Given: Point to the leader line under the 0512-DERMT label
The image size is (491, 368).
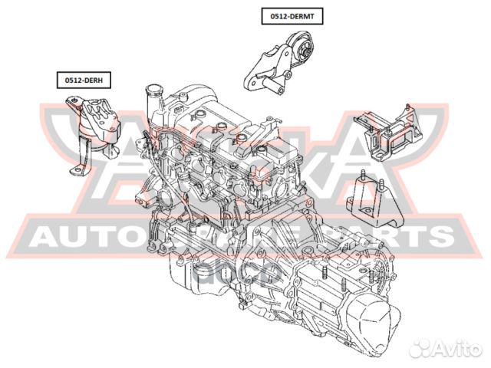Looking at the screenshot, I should [292, 28].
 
